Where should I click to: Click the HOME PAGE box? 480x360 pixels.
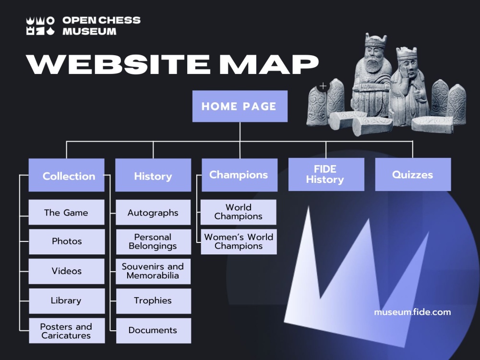[x=240, y=106]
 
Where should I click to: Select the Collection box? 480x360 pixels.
[x=66, y=176]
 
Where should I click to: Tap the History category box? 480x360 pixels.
[x=153, y=176]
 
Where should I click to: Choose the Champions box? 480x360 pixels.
[x=239, y=175]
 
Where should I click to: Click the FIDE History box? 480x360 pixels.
[x=326, y=174]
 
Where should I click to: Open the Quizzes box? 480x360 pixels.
[x=413, y=174]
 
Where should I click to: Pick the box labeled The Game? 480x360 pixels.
[x=66, y=213]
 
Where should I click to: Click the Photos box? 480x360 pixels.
[x=66, y=241]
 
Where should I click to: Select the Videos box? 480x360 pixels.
[x=66, y=271]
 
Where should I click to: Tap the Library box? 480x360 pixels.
[x=66, y=301]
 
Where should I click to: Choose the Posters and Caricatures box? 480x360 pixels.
[x=66, y=331]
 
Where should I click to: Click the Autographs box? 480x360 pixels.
[x=153, y=213]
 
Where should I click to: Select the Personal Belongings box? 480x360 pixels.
[x=153, y=241]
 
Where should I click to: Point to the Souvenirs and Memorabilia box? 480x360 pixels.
[x=153, y=271]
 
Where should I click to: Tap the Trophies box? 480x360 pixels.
[x=153, y=301]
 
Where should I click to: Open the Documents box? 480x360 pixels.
[x=153, y=331]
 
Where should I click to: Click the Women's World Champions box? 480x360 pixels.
[x=239, y=241]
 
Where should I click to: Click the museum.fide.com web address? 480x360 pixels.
[x=412, y=312]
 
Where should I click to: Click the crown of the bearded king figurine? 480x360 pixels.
[x=375, y=41]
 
